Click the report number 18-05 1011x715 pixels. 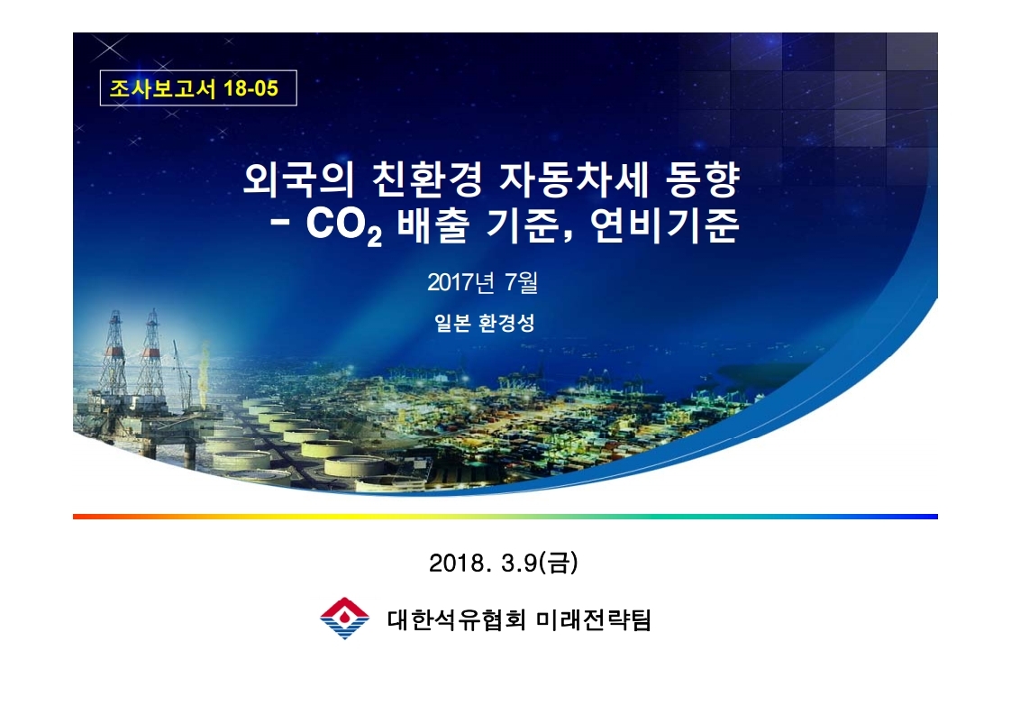[250, 87]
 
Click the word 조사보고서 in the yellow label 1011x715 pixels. [162, 87]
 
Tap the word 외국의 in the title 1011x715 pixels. [298, 180]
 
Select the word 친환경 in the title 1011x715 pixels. [426, 180]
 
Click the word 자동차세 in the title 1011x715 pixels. [573, 180]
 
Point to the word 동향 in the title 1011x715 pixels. [702, 180]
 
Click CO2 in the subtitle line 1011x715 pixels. [343, 225]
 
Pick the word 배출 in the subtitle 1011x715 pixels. [433, 225]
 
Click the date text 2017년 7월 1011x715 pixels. [482, 282]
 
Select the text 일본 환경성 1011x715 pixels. [484, 323]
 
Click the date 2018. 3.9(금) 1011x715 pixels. [504, 563]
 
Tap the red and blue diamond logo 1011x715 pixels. [344, 619]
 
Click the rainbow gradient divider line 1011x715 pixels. [505, 517]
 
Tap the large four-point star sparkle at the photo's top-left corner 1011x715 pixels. [110, 49]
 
